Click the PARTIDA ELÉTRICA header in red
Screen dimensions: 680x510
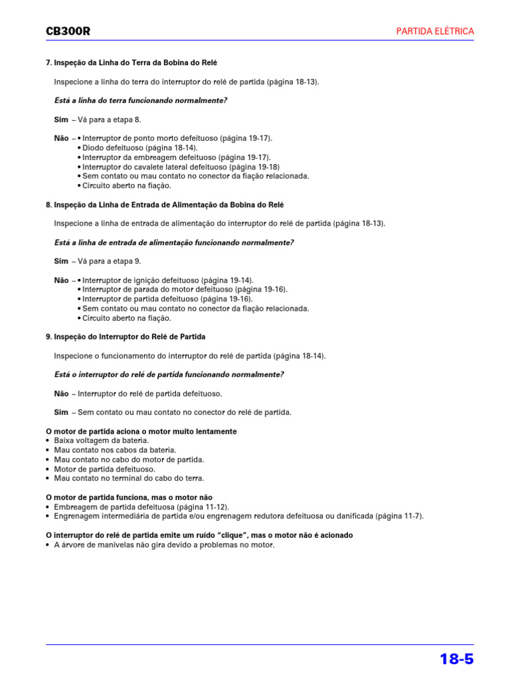[x=435, y=31]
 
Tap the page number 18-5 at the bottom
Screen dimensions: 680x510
[x=456, y=659]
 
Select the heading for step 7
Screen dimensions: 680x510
[x=131, y=62]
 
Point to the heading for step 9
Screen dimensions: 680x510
[x=126, y=337]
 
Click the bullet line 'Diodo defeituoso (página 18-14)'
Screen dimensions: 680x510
[x=139, y=147]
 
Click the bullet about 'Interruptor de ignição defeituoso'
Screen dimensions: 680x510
[x=167, y=280]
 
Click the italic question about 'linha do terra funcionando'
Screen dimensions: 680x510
[x=140, y=100]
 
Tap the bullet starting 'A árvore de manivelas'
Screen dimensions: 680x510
[x=163, y=545]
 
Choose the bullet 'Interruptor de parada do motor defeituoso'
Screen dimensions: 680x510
[x=185, y=290]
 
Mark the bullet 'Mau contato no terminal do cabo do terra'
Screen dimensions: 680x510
[x=129, y=478]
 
